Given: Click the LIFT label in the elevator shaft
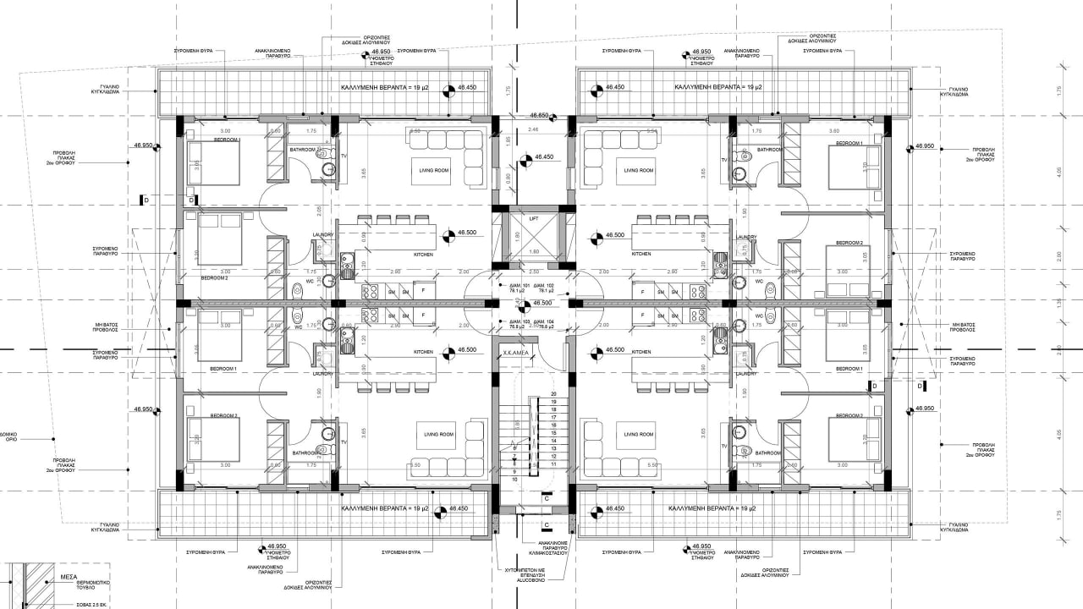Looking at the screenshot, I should (533, 219).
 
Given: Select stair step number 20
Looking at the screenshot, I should (553, 394).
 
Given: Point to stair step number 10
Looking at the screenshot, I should (514, 479).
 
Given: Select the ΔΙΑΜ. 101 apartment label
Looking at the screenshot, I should (509, 286).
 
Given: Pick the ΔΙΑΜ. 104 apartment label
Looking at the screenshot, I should (544, 322).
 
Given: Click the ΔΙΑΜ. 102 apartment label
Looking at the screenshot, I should (544, 286).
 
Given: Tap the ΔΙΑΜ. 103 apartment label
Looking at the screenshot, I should (509, 322).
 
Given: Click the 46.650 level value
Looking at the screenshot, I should (540, 115).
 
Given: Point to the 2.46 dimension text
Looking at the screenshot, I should (532, 129).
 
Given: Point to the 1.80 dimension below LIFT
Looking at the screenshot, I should (533, 252).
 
